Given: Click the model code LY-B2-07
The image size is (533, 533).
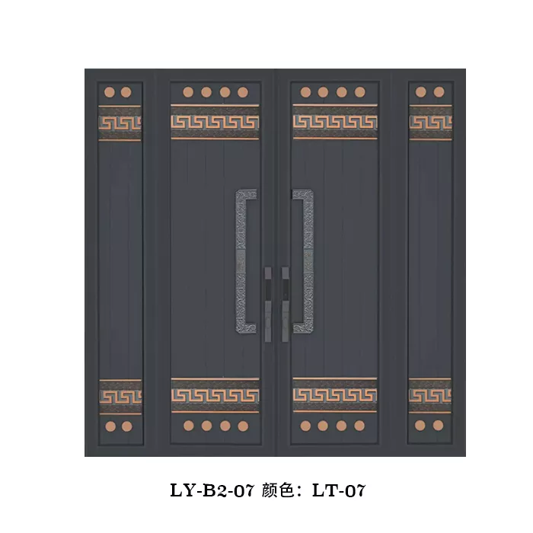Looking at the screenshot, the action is tap(212, 490).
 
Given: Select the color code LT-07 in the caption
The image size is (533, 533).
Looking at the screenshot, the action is tap(339, 490).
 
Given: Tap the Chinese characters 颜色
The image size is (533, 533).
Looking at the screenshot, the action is tap(278, 490).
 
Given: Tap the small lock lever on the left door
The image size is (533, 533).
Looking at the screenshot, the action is tap(268, 305).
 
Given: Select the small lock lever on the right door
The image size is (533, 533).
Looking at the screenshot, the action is tap(285, 305).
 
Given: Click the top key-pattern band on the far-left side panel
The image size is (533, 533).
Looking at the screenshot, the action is tap(120, 123).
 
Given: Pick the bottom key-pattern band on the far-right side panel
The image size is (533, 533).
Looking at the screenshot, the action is tap(430, 395).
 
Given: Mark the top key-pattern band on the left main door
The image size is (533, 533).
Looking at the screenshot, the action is tap(215, 122).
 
